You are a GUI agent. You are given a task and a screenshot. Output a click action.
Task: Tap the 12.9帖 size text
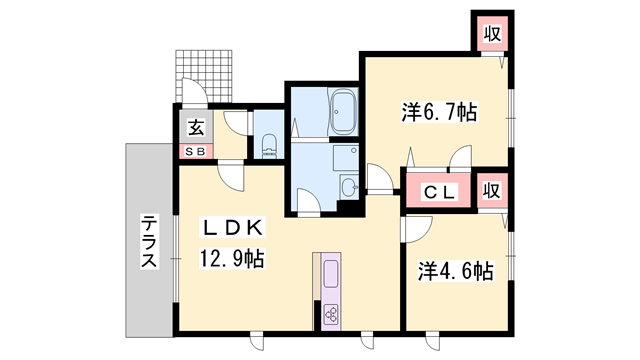pos(231,259)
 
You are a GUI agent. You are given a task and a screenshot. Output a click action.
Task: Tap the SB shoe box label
pos(195,150)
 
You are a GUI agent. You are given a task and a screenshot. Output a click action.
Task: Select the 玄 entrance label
pos(196,127)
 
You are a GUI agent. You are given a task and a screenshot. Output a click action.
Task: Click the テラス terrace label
pos(148,242)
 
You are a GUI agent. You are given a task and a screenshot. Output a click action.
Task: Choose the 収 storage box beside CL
pos(492,190)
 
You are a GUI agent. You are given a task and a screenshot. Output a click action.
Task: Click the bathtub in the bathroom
pos(345,107)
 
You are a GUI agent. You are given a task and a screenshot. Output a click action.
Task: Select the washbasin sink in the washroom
pos(347,188)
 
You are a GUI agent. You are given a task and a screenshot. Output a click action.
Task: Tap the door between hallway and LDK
pos(231,177)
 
